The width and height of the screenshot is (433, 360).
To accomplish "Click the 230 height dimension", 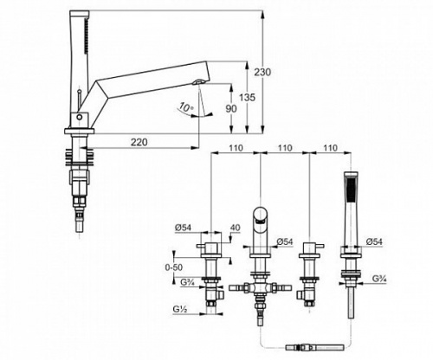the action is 262,72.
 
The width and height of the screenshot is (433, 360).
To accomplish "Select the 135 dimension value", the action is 248,98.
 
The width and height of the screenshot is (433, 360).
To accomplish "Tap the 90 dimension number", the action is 231,108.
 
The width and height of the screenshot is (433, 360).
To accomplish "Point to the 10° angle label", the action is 185,107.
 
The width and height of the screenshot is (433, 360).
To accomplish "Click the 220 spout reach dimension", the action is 139,142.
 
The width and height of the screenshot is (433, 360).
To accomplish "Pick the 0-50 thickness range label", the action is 174,267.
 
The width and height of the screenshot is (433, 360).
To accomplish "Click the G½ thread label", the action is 180,309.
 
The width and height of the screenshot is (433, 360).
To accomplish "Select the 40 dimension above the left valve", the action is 236,228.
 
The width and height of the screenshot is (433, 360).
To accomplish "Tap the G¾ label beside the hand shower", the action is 379,279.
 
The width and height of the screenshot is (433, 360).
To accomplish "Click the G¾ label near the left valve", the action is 188,282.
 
